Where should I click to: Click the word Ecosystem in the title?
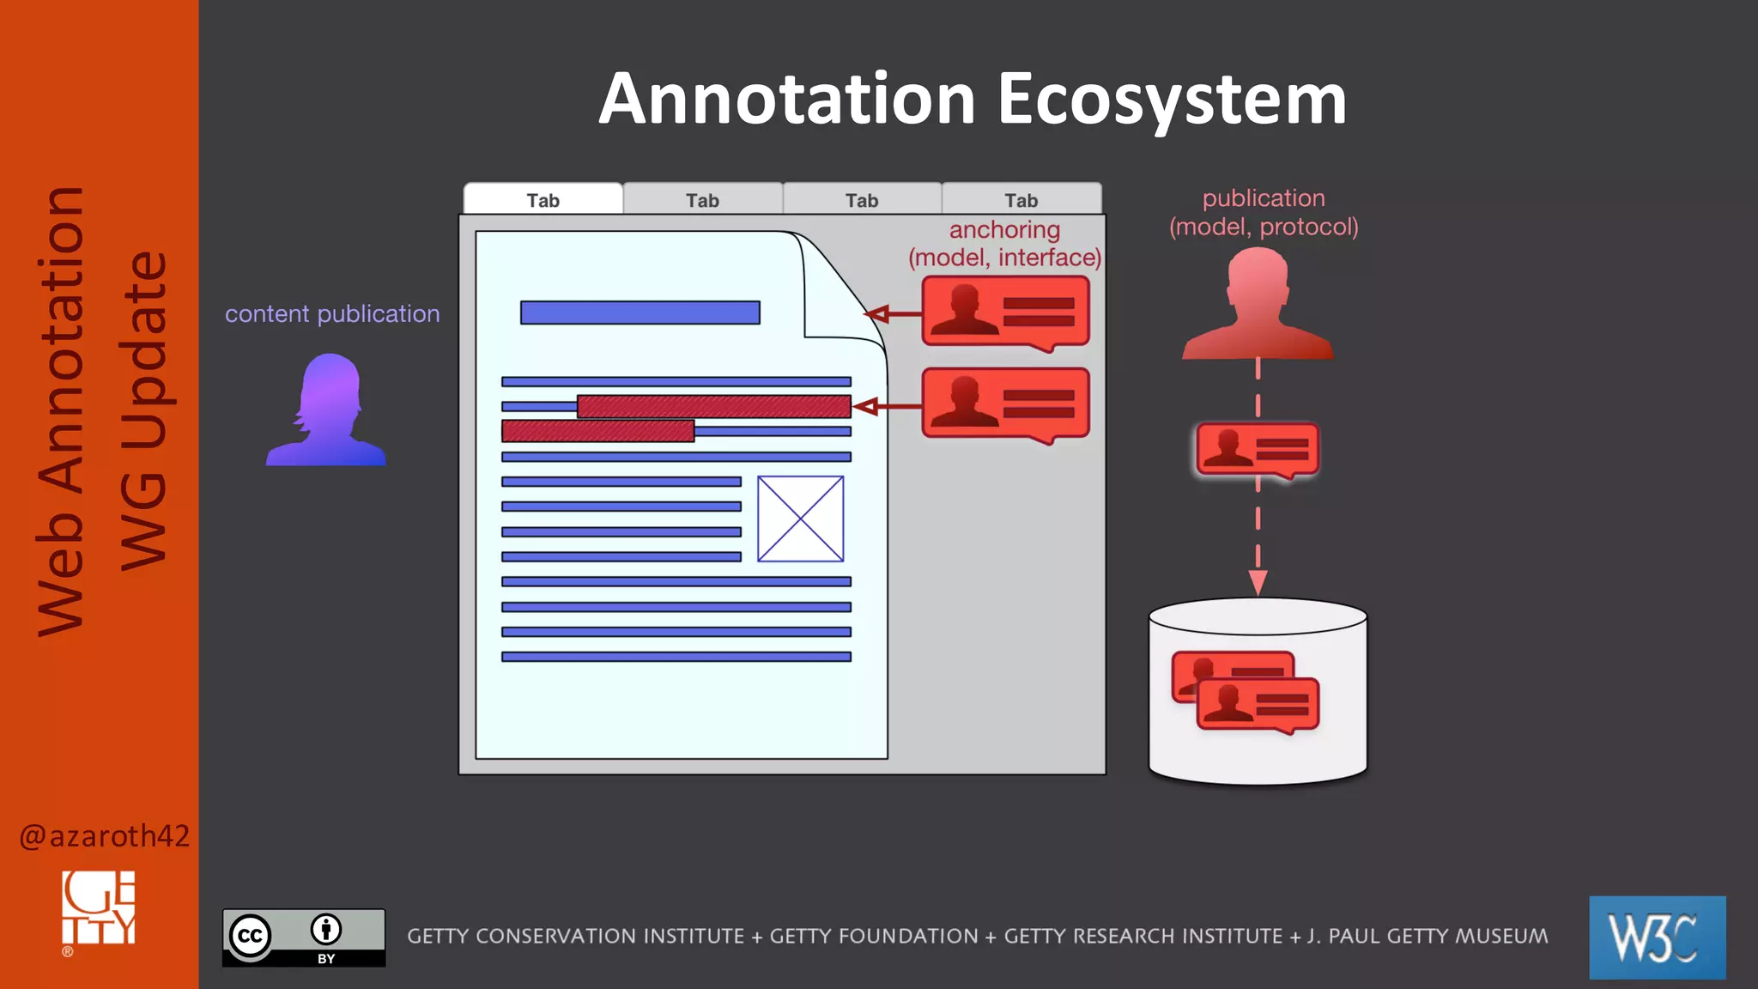(x=1171, y=99)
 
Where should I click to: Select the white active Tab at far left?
(x=543, y=200)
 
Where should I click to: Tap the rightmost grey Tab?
(x=1021, y=200)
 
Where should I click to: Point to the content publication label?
(x=332, y=314)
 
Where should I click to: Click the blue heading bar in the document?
(x=640, y=312)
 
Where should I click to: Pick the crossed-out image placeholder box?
(x=800, y=519)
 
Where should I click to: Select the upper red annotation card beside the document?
(x=1005, y=312)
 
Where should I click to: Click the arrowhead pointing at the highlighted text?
(x=866, y=406)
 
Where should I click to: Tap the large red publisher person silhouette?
(x=1258, y=305)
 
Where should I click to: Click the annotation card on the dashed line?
(x=1258, y=450)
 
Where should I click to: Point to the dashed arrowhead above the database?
(x=1258, y=583)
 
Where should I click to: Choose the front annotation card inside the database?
(x=1258, y=705)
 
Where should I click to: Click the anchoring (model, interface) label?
(x=1004, y=244)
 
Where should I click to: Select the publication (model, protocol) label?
(x=1264, y=212)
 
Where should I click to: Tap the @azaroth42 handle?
(x=104, y=835)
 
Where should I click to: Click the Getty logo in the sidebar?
(x=99, y=909)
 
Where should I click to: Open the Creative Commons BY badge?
(x=304, y=937)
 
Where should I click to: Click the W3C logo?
(x=1657, y=937)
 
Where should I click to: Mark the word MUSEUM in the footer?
(x=1497, y=936)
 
